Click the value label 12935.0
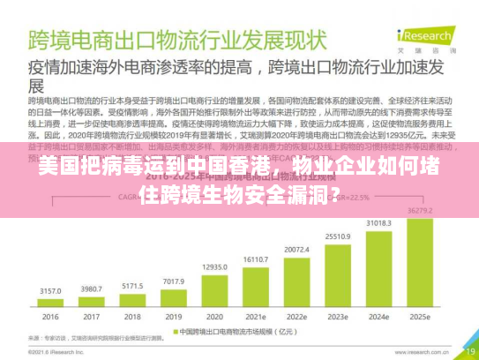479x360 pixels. (x=214, y=266)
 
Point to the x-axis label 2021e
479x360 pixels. (x=256, y=318)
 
